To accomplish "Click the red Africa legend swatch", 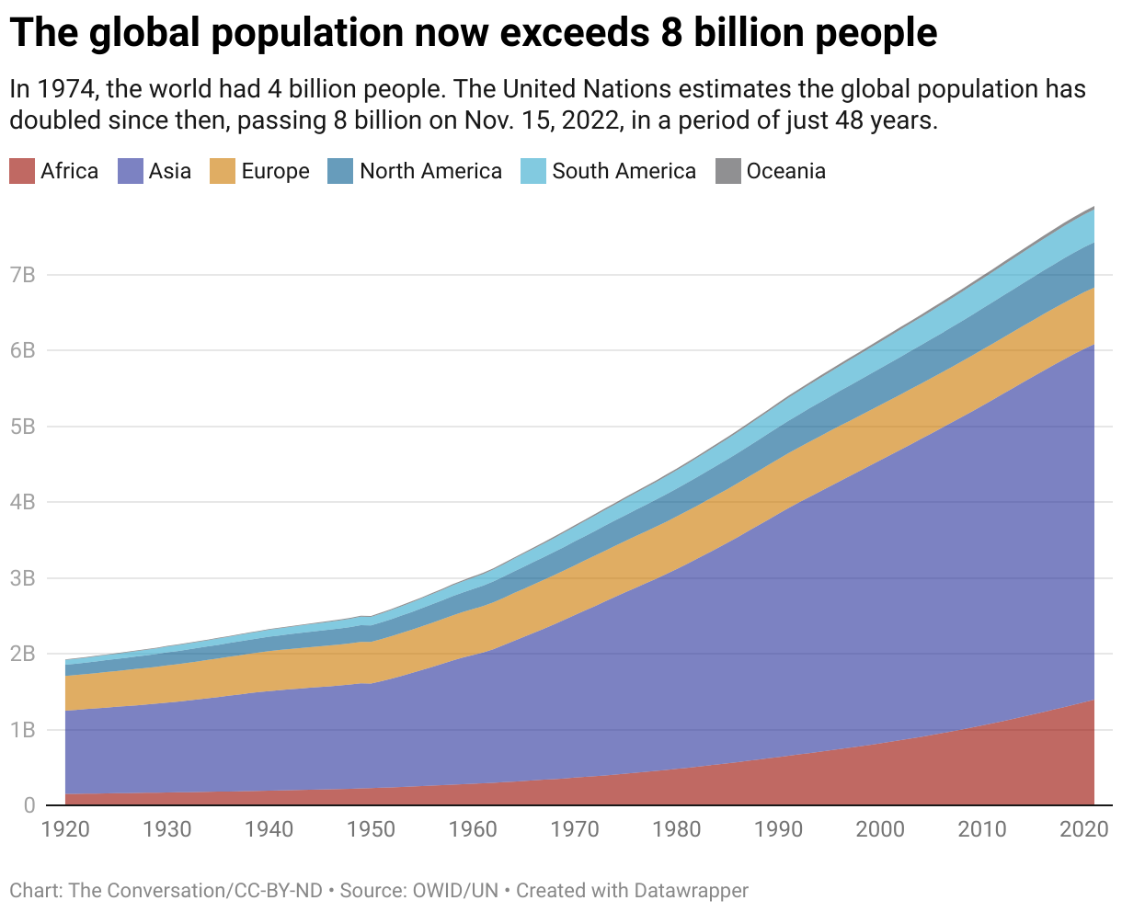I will click(x=21, y=171).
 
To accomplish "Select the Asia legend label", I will click(x=170, y=171).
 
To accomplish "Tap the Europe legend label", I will click(x=275, y=171).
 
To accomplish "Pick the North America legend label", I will click(x=430, y=171).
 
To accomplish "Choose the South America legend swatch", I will click(x=533, y=171).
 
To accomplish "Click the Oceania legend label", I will click(x=785, y=171).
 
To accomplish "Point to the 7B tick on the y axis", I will click(x=22, y=275).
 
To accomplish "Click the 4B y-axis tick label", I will click(x=22, y=502).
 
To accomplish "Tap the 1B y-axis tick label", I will click(x=22, y=730).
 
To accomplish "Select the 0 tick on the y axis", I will click(x=29, y=805).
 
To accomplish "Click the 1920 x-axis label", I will click(x=65, y=830).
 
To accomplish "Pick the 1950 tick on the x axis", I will click(x=371, y=830).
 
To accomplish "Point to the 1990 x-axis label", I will click(x=778, y=830).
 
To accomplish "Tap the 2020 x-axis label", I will click(x=1083, y=830).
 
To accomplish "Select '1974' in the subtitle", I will click(x=69, y=90).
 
